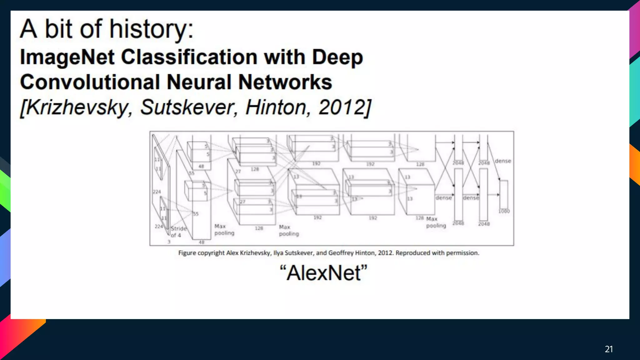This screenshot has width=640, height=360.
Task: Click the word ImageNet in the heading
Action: pos(67,57)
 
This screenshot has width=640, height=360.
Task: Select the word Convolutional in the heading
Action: pos(90,82)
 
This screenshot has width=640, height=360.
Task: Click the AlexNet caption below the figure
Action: pos(323,273)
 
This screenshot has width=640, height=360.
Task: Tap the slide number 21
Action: pos(609,349)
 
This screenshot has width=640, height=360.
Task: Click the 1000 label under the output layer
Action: pos(504,211)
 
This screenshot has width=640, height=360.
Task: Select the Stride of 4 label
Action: pos(178,232)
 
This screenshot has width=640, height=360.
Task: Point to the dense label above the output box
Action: pos(503,161)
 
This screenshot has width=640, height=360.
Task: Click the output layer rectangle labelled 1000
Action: pos(504,194)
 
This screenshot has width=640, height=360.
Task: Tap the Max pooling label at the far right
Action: pos(436,222)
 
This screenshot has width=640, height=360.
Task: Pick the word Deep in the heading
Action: pos(337,57)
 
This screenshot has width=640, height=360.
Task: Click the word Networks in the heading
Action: pos(285,82)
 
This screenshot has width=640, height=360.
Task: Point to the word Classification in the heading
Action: pos(189,57)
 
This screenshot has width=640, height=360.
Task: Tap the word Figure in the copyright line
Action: pos(187,253)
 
